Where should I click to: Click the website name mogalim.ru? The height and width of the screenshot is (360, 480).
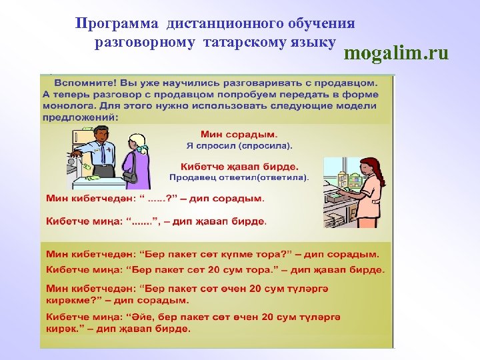tap(396, 53)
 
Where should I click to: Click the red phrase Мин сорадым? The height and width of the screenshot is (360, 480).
tap(230, 134)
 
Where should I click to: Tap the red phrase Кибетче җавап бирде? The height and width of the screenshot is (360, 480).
tap(239, 167)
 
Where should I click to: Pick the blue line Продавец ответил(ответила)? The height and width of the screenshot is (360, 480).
tap(239, 177)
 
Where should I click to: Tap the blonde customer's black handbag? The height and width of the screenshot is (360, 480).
tap(130, 177)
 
